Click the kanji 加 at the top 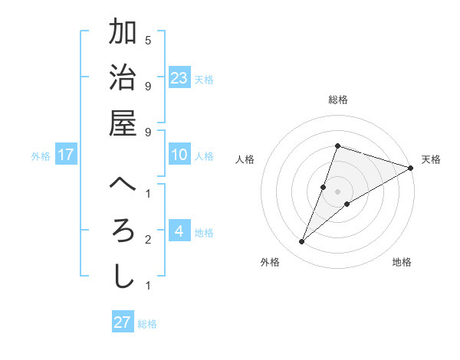pyautogui.click(x=123, y=33)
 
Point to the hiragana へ pyautogui.click(x=123, y=185)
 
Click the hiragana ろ pyautogui.click(x=123, y=231)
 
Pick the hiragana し pyautogui.click(x=123, y=277)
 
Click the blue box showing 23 pyautogui.click(x=179, y=78)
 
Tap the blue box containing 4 pyautogui.click(x=179, y=231)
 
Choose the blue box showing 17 pyautogui.click(x=66, y=155)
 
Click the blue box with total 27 pyautogui.click(x=123, y=322)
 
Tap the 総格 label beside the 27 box pyautogui.click(x=147, y=324)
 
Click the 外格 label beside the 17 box pyautogui.click(x=41, y=156)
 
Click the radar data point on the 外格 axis pyautogui.click(x=302, y=242)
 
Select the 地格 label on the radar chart pyautogui.click(x=402, y=263)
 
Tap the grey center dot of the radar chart pyautogui.click(x=338, y=191)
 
